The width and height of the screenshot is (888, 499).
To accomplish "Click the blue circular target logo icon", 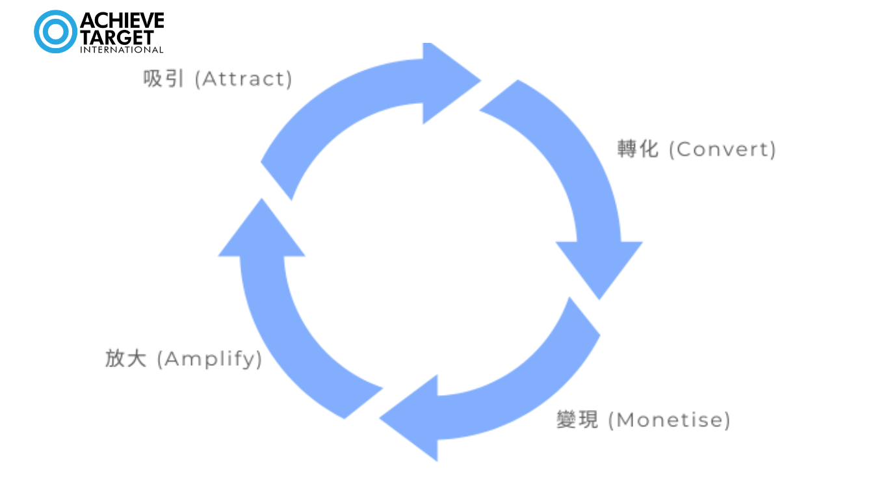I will click(55, 31).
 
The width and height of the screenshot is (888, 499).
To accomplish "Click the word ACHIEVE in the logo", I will click(122, 21).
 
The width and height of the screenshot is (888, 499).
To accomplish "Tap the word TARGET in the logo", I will click(117, 36).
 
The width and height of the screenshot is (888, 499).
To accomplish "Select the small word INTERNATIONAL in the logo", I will click(122, 49).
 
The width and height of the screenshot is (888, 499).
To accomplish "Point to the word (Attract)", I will click(244, 79).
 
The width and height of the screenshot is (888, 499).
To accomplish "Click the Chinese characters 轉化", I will click(638, 149).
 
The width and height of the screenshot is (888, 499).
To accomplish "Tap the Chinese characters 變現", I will click(577, 420).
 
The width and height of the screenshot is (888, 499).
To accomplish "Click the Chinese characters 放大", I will click(126, 359).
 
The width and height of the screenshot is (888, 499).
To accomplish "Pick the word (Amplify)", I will click(209, 359).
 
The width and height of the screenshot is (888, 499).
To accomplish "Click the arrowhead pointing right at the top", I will click(449, 82).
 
